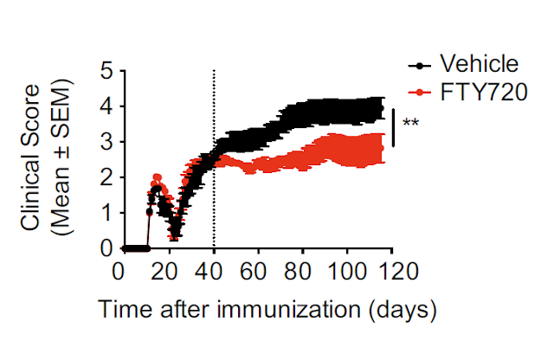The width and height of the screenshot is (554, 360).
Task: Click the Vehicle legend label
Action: pos(480,64)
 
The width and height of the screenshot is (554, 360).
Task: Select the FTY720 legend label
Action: pos(483,92)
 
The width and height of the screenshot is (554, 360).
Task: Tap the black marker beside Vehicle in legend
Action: pos(420,65)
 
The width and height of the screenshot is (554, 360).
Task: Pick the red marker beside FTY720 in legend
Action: pos(420,92)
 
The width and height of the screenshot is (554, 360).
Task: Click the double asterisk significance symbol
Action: pos(411,125)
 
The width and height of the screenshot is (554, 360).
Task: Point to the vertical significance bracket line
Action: pos(395,126)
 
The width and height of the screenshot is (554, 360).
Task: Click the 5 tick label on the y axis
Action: pos(106,71)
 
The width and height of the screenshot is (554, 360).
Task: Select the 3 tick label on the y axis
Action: pos(106,142)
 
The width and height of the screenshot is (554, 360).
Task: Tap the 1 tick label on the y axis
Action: pos(106,213)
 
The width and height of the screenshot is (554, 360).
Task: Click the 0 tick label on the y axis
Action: pos(106,248)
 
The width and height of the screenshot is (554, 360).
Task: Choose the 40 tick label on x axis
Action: pos(209,272)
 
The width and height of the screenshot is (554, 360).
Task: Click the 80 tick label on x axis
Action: pos(300,272)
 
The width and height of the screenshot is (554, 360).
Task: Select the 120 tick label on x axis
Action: pos(391,272)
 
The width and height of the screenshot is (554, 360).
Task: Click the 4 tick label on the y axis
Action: pos(106,106)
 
